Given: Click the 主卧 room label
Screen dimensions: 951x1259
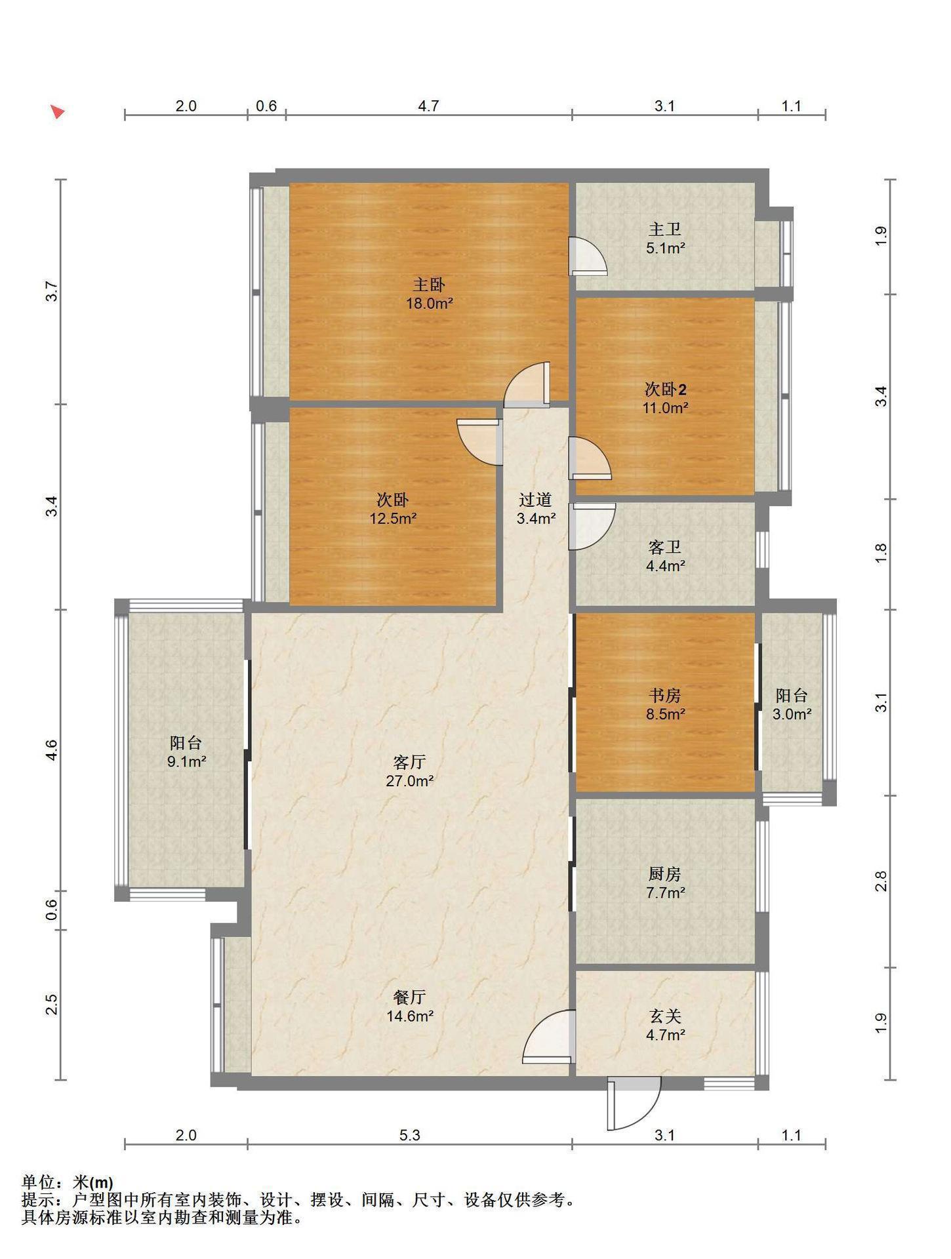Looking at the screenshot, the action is point(429,285).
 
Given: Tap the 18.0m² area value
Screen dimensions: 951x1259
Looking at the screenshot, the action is point(429,304).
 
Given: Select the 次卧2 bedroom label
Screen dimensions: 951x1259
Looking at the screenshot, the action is point(665,390).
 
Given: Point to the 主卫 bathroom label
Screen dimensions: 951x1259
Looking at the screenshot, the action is point(665,230).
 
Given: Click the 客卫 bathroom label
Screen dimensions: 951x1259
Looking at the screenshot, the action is point(665,547).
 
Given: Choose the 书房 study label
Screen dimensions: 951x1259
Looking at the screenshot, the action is point(665,695).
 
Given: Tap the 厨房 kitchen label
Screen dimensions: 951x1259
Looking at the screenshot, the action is point(665,873).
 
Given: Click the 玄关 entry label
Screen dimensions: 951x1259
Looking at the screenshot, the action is point(665,1016).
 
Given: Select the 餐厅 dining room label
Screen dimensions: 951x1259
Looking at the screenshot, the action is point(409,997).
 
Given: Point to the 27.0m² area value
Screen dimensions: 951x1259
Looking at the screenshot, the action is point(409,781).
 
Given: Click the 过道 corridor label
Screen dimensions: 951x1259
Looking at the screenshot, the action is point(535,500).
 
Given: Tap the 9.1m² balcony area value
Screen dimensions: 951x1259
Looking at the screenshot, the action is point(186,762).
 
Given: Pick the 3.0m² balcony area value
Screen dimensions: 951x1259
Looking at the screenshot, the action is point(792,714).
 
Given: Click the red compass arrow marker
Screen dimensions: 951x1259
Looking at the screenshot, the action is point(58,111).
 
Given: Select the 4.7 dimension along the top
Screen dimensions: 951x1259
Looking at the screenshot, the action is point(428,106).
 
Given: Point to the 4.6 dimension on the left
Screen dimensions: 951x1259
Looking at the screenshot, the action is point(52,749).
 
